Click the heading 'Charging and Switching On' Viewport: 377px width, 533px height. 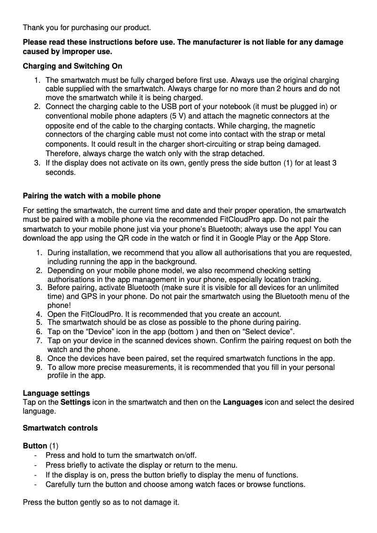point(72,66)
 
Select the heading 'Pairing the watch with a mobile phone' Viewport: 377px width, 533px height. point(92,196)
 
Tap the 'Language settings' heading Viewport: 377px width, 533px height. point(56,393)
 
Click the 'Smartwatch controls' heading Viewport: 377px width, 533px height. point(60,428)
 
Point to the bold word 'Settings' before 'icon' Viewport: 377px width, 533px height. point(76,402)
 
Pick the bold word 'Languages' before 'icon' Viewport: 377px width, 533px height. point(243,402)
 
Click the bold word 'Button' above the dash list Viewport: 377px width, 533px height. point(35,446)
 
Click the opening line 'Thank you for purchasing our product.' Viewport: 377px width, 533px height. point(87,28)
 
